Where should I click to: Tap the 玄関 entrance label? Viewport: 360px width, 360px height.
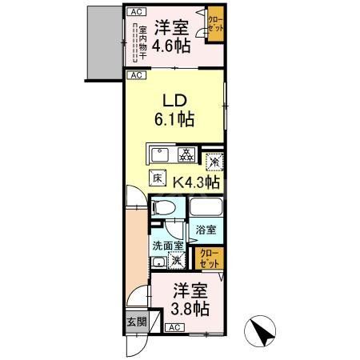click(136, 322)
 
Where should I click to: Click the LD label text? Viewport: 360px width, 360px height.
click(176, 101)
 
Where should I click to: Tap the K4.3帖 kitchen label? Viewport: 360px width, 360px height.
click(197, 182)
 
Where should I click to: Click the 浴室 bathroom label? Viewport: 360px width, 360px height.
click(206, 230)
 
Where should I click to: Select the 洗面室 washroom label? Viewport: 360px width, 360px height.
click(168, 247)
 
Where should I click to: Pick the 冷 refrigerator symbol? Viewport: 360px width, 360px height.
click(213, 161)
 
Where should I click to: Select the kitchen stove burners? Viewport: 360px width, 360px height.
click(185, 154)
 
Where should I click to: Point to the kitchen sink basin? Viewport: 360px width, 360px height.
click(157, 154)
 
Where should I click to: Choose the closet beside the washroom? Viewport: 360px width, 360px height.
click(208, 258)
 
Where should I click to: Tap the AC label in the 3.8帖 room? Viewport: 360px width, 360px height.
click(174, 328)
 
